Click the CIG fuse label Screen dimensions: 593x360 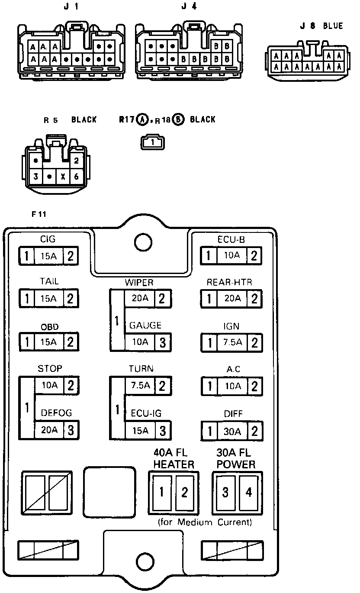(48, 239)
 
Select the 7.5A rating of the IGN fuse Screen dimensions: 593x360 (232, 342)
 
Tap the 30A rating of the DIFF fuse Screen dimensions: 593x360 (232, 432)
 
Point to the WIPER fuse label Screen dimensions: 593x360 (139, 283)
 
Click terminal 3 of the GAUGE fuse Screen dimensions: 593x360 (163, 342)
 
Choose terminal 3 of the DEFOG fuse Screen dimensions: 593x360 (71, 430)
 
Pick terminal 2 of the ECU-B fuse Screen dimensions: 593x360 (254, 255)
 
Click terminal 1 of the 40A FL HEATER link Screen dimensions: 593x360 (161, 492)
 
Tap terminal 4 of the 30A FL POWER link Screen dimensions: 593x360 (248, 492)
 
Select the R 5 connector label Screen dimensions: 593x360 (51, 120)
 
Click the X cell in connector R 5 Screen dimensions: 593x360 (63, 177)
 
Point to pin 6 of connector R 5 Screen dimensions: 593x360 (76, 177)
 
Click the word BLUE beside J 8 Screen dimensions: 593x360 (333, 26)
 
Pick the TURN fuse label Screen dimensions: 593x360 (141, 368)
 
